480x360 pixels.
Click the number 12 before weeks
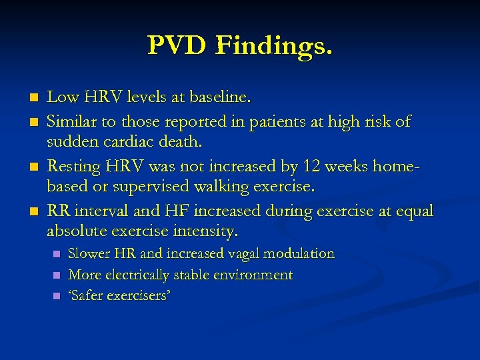click(313, 167)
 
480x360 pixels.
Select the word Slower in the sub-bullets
click(90, 253)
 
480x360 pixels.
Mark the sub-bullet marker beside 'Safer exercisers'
click(57, 296)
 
